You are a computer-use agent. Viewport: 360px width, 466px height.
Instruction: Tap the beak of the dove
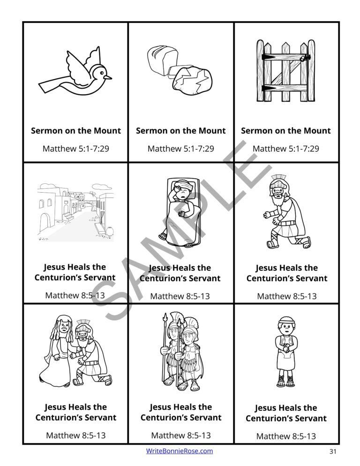[109, 77]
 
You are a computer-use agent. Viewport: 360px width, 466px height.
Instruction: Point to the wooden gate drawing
[285, 71]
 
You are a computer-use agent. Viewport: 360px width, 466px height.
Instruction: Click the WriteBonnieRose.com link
[180, 451]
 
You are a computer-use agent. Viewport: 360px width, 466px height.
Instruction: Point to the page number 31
[333, 452]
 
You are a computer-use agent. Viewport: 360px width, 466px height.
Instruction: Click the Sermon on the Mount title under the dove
[75, 131]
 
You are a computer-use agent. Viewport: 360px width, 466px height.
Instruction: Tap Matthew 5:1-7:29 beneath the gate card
[285, 149]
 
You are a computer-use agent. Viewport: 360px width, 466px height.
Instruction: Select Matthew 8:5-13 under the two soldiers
[180, 436]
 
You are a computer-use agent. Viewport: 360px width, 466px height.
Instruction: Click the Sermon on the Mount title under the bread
[180, 131]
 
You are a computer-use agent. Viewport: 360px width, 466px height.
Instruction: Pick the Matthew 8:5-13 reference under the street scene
[75, 295]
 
